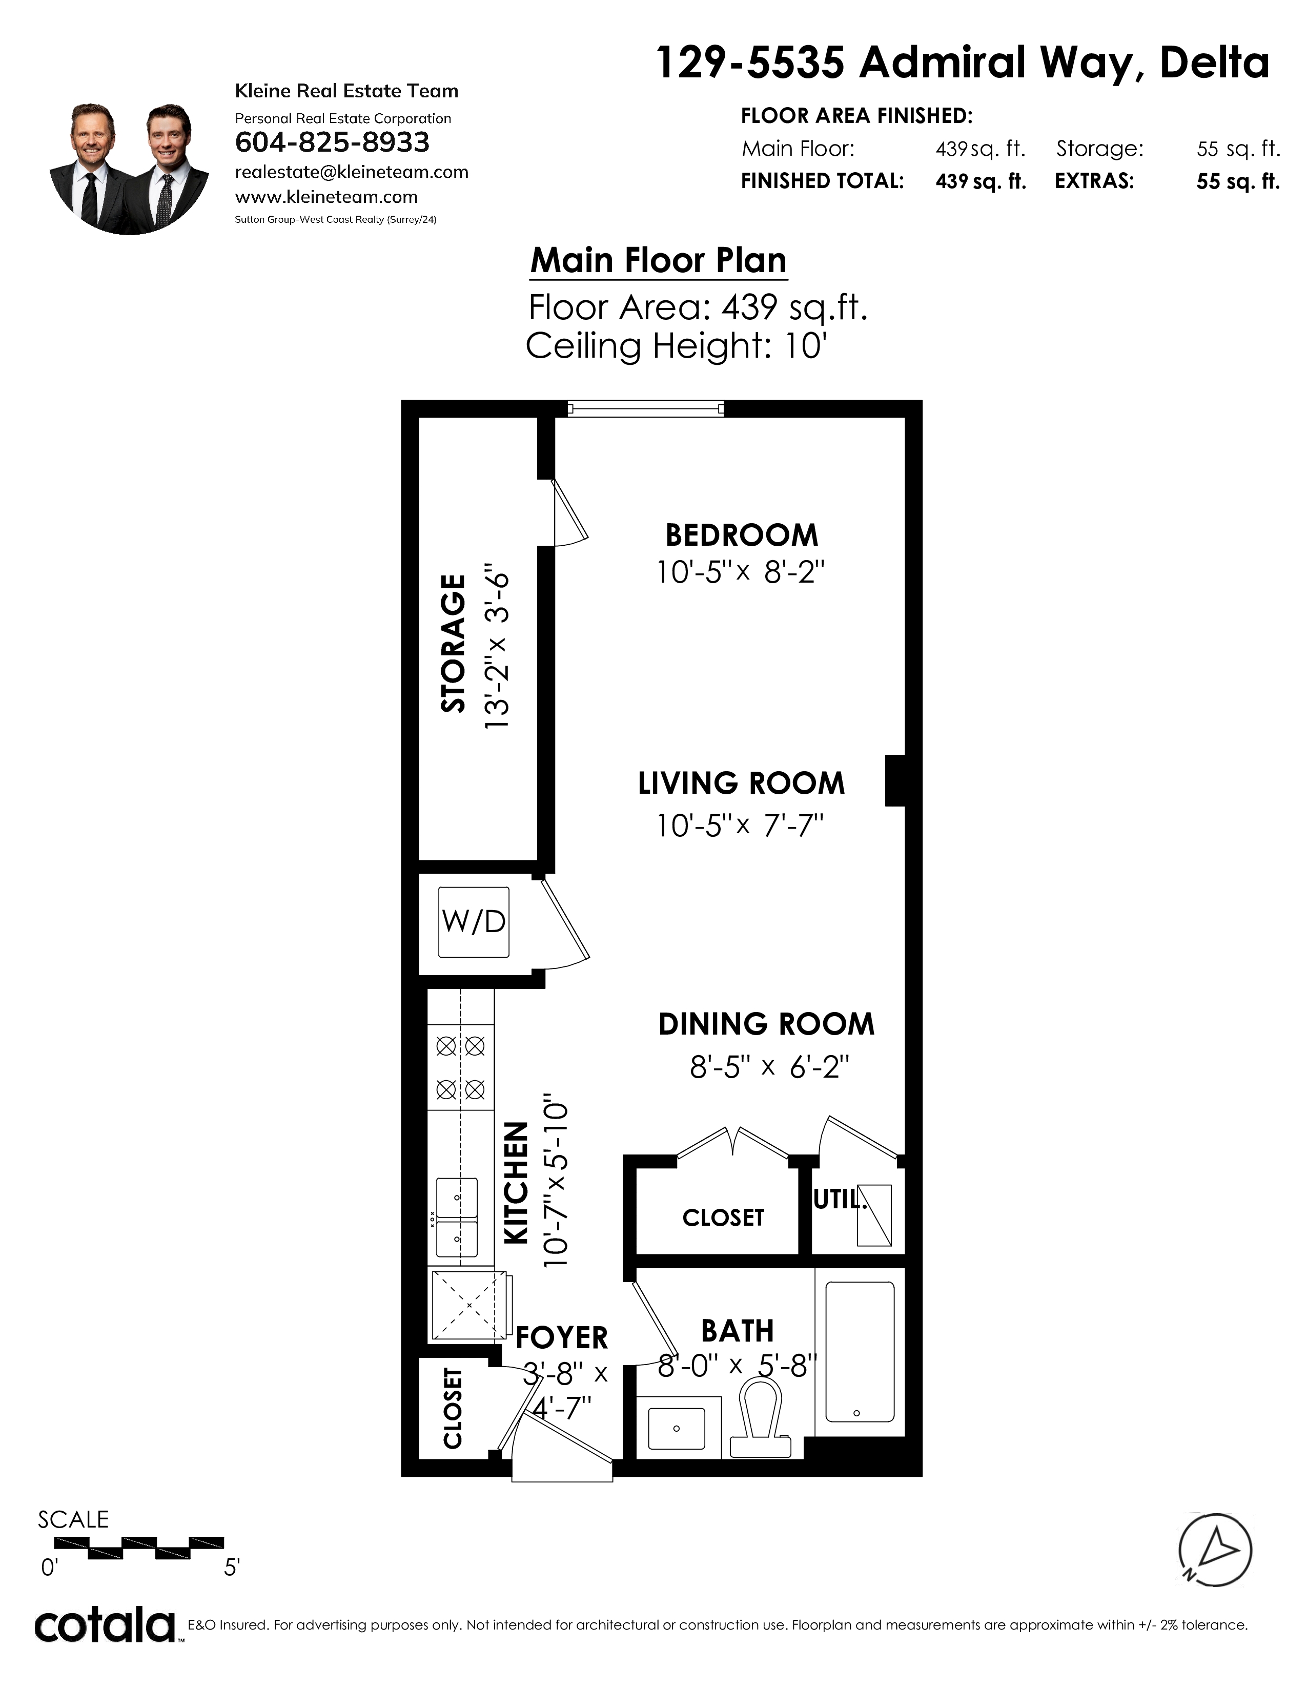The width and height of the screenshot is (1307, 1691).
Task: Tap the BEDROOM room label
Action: (742, 535)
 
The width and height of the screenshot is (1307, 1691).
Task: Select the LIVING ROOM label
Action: (741, 783)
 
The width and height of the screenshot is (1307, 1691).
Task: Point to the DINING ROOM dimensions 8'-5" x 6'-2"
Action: (770, 1068)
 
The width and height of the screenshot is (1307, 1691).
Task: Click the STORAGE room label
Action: (453, 644)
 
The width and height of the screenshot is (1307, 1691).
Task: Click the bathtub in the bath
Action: (860, 1351)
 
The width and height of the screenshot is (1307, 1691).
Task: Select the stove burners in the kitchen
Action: (461, 1068)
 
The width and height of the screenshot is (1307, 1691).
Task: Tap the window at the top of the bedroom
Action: (645, 408)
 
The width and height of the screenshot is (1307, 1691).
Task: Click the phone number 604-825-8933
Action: (332, 142)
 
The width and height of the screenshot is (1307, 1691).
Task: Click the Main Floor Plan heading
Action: (658, 260)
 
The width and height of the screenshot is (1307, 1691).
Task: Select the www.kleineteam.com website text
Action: (326, 197)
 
